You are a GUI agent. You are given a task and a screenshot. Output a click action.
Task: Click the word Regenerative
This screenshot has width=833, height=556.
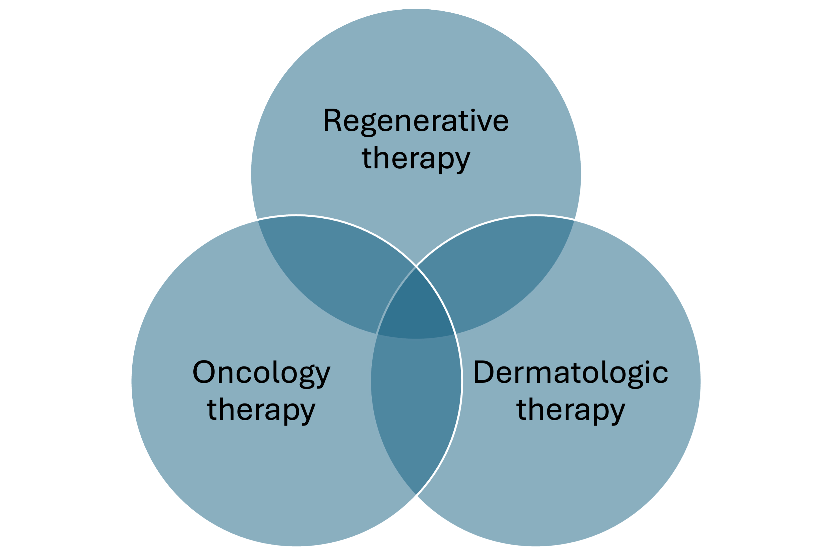point(416,121)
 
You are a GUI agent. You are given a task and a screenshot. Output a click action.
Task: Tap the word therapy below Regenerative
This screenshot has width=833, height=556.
point(416,159)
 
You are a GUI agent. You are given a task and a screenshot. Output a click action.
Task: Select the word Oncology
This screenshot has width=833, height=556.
point(261,373)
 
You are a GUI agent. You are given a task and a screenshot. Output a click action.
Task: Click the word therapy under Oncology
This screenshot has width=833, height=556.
point(261,411)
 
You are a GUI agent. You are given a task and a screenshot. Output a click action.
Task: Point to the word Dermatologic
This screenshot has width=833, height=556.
point(570,373)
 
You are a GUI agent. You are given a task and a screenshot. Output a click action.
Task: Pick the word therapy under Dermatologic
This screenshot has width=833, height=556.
point(570,411)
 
